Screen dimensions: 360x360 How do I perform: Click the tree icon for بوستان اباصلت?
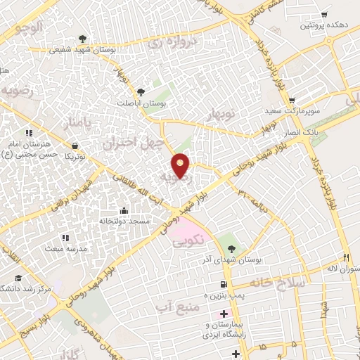[x=141, y=91]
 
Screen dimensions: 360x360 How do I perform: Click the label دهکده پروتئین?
[x=323, y=25]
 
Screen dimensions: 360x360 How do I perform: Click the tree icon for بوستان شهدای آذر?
[x=233, y=247]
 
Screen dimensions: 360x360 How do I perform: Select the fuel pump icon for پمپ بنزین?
[x=224, y=285]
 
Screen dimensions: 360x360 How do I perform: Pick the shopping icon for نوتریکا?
[x=74, y=146]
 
